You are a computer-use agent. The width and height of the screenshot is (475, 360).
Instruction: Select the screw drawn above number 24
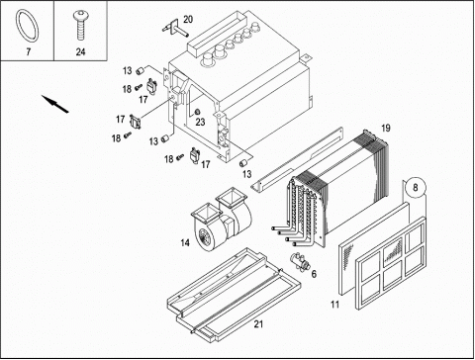pos(80,25)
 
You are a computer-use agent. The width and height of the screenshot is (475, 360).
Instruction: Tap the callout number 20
pos(188,20)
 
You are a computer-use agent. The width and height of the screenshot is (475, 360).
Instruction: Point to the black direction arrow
pos(55,104)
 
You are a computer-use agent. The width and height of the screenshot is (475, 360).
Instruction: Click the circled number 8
pos(416,187)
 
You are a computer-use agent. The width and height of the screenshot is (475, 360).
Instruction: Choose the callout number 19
pos(385,128)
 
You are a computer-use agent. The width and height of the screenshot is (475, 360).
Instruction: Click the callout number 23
pos(200,122)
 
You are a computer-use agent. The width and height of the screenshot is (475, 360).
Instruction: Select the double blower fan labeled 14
pos(222,221)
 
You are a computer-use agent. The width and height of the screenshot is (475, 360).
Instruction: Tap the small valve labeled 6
pos(299,261)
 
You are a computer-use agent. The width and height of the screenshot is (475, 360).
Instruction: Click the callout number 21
pos(258,324)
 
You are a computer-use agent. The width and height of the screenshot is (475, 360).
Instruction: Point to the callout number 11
pos(334,305)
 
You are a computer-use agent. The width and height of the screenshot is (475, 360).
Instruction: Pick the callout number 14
pos(185,243)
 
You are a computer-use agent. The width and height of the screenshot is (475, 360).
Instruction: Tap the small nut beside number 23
pos(198,111)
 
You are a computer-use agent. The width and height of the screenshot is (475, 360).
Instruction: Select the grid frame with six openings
pos(392,263)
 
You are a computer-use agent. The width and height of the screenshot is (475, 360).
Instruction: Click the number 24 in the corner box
pos(80,51)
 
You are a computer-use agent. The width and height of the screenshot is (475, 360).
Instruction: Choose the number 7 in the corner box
pos(28,51)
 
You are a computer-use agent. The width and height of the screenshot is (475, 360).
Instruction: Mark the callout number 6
pos(314,274)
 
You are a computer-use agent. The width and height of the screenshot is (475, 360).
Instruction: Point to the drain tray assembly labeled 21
pos(235,295)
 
